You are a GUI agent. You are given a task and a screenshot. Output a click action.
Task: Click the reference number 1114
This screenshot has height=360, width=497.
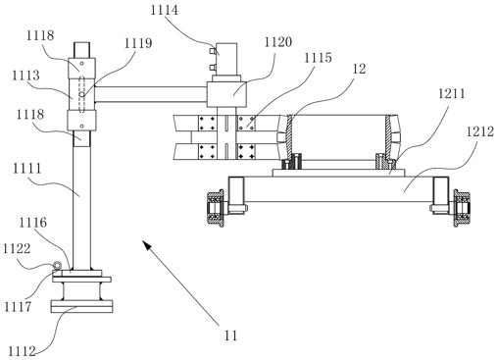point(165,10)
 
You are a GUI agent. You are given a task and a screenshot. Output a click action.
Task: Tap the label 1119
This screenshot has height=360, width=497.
point(138,43)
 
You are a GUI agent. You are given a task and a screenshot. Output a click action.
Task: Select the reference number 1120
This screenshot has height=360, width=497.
point(278,42)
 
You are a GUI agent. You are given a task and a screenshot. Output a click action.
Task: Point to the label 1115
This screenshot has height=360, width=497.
point(318,58)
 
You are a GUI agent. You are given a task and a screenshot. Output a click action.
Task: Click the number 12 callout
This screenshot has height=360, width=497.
point(359,69)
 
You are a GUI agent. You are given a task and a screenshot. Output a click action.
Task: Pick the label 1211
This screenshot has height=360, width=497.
point(452,94)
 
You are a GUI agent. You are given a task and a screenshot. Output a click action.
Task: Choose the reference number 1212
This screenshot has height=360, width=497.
point(480,131)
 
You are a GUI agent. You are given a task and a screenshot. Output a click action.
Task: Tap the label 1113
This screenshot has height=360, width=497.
point(25,76)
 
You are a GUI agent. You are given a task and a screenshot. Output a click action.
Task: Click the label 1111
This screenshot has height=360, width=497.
point(27,169)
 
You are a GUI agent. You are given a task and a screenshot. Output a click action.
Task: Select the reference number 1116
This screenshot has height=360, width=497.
point(32,223)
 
